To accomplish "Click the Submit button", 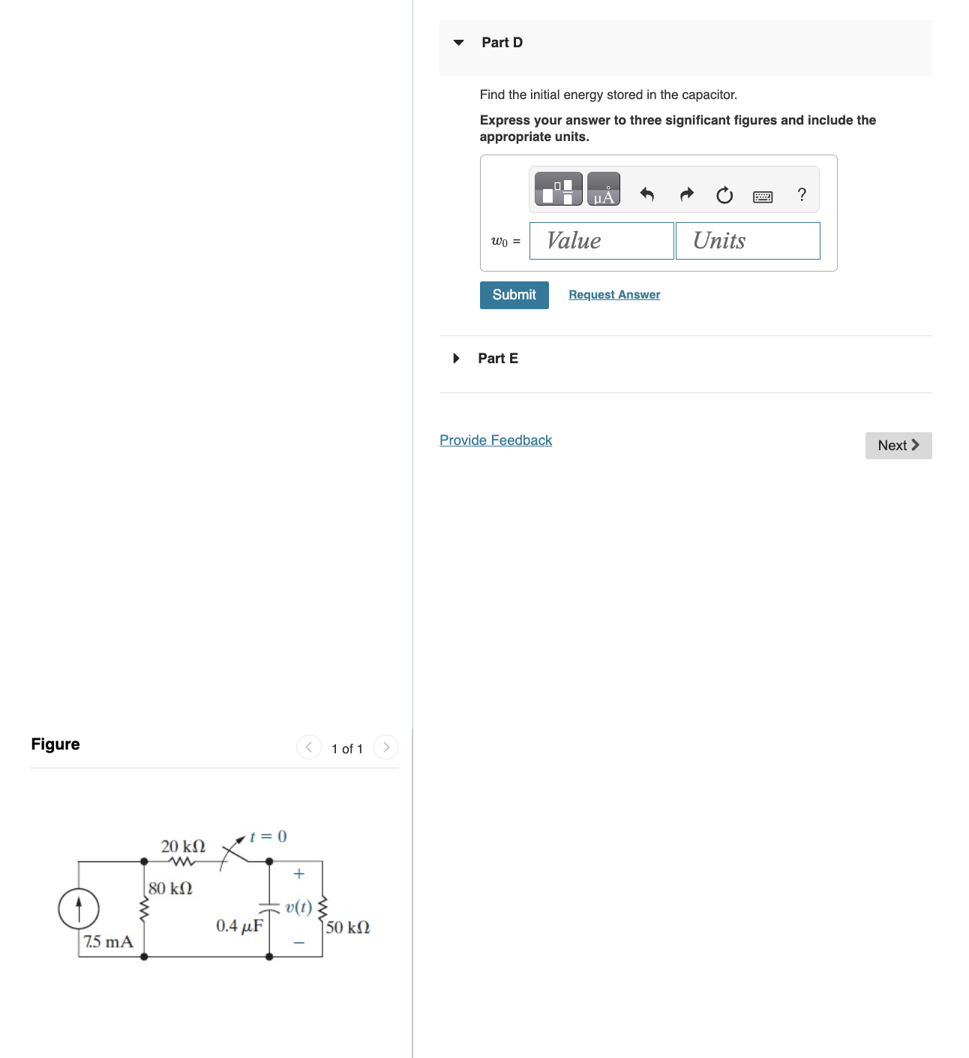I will click(x=514, y=295).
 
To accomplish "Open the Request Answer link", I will click(x=614, y=295).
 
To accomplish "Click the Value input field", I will click(x=601, y=241).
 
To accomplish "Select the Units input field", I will click(x=748, y=241).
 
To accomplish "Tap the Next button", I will click(x=898, y=446).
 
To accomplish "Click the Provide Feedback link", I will click(x=496, y=440).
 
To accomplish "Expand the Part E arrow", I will click(x=456, y=359).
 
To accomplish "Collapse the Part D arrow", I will click(x=459, y=43).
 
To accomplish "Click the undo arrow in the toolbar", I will click(x=647, y=195).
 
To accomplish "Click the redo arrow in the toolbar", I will click(x=686, y=195).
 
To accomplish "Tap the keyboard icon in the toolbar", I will click(x=763, y=197).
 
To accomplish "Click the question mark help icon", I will click(x=802, y=195).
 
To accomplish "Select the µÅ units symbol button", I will click(x=603, y=189).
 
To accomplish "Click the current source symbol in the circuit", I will click(x=79, y=909).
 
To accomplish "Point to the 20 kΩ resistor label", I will click(x=183, y=846).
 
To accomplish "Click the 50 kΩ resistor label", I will click(x=348, y=927).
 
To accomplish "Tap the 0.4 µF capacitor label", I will click(x=239, y=926).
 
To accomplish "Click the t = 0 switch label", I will click(x=268, y=837).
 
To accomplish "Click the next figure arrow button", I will click(x=386, y=747).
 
